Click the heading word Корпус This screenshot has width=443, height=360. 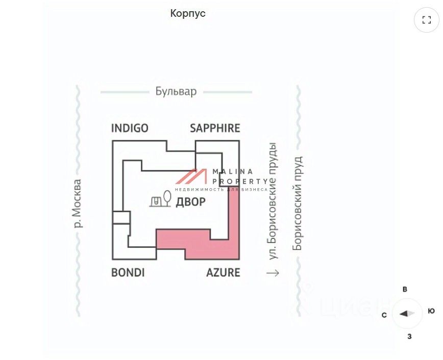[x=188, y=13]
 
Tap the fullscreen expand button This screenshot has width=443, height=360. [x=426, y=20]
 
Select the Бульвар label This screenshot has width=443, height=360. [x=176, y=92]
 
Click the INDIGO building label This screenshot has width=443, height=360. [x=130, y=128]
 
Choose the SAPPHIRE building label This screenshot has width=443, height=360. [x=215, y=128]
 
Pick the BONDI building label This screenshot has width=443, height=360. [x=128, y=272]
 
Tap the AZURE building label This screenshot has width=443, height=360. [x=223, y=272]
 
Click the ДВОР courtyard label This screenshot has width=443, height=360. [x=190, y=202]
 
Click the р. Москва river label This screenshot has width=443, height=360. [x=77, y=203]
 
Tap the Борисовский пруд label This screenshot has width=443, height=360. [x=298, y=203]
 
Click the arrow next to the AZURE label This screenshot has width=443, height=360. [x=273, y=273]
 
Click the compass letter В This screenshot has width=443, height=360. [x=405, y=290]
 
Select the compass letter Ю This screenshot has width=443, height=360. [x=431, y=311]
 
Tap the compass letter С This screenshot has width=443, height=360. [x=384, y=315]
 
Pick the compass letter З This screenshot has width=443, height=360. [x=409, y=336]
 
